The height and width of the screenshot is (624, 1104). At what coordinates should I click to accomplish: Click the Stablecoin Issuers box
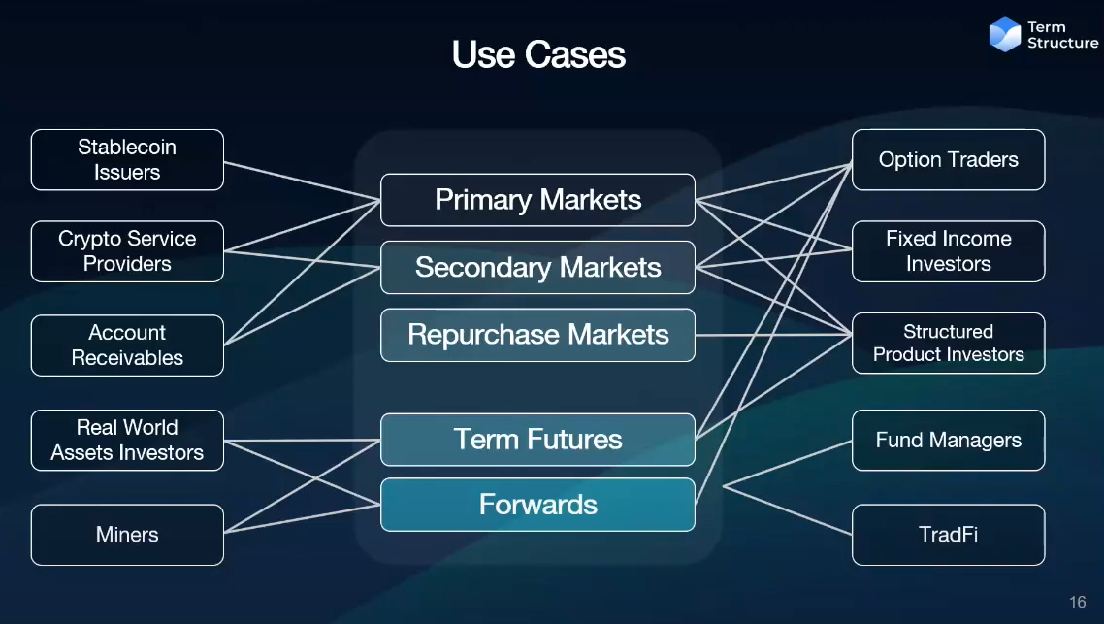127,160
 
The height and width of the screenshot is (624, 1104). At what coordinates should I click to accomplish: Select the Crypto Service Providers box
127,251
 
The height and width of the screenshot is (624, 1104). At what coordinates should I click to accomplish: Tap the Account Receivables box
127,345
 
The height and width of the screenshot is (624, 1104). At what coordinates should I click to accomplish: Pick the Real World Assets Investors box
127,441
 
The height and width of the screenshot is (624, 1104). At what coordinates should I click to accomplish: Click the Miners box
127,535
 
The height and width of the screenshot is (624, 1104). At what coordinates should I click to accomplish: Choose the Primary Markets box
537,200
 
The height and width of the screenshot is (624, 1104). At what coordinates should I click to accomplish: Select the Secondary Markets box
537,267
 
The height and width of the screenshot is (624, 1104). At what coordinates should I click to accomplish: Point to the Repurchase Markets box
537,335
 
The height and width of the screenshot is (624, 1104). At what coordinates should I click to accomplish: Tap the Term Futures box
537,440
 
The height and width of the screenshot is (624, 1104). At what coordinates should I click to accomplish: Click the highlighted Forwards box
537,505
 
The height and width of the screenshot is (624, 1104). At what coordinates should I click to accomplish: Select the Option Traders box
948,160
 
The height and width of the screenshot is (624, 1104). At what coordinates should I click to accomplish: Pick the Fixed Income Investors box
948,251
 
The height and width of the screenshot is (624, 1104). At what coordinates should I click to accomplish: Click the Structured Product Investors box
948,344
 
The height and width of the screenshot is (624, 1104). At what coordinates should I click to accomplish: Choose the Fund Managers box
948,441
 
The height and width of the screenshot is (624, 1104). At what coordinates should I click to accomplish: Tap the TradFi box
948,535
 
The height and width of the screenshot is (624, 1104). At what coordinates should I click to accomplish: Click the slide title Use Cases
538,54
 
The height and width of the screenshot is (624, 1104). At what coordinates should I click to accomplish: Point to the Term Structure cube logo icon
1005,35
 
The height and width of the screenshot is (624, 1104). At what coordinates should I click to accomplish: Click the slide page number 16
1077,602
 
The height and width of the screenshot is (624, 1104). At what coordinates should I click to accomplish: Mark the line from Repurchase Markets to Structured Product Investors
773,336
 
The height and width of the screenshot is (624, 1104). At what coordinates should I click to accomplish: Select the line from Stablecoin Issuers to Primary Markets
302,181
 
